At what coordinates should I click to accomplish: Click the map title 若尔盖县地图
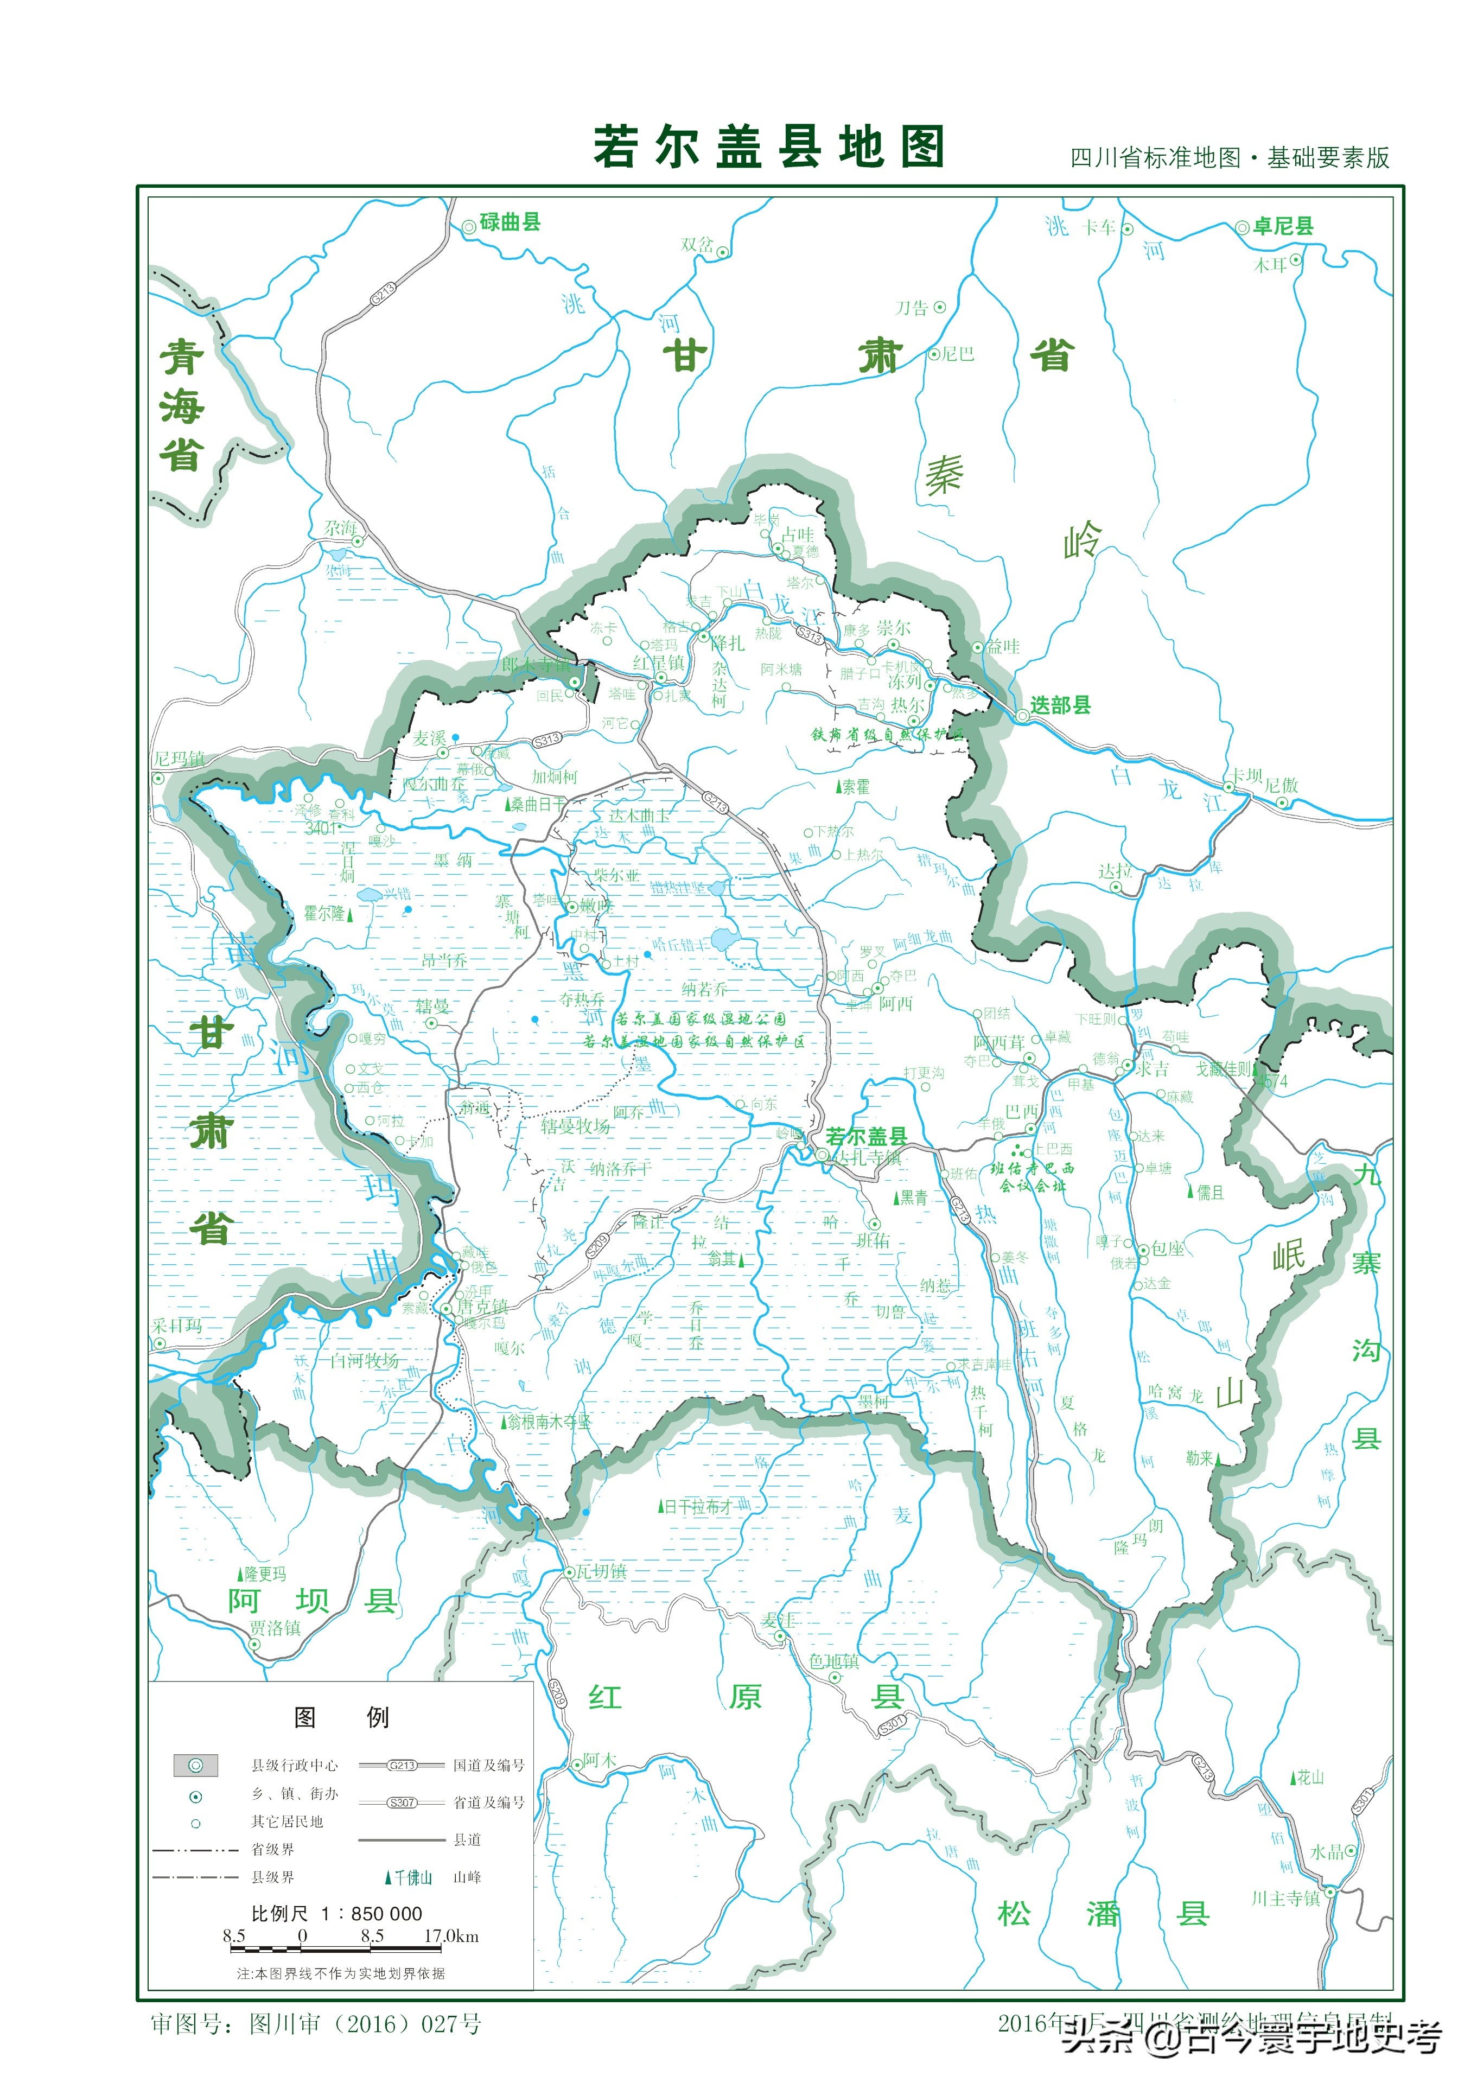click(x=769, y=147)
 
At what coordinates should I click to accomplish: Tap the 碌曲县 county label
click(x=510, y=222)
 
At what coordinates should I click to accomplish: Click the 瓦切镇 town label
click(x=601, y=1571)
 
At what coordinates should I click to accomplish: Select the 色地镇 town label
click(x=833, y=1661)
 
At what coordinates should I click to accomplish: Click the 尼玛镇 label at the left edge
click(x=179, y=759)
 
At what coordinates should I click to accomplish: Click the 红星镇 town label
click(x=658, y=663)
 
